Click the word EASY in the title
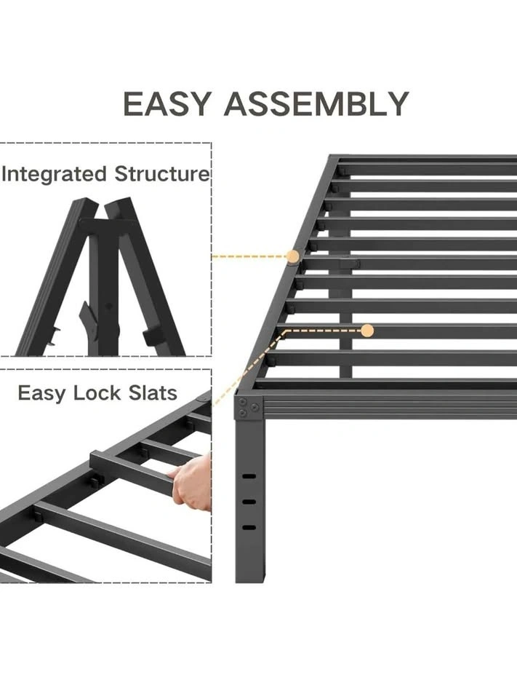pos(166,104)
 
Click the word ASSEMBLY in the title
pos(316,104)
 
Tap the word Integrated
pos(55,174)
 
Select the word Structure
pos(161,173)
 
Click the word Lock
pos(97,392)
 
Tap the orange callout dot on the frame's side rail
pos(293,256)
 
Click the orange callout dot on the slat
pos(367,331)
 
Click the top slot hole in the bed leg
pos(249,476)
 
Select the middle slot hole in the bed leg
pos(249,502)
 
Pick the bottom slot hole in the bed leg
pos(249,527)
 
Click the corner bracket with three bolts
pos(248,407)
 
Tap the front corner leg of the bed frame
pos(249,499)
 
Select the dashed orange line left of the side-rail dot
pos(249,257)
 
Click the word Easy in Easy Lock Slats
pos(42,394)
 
